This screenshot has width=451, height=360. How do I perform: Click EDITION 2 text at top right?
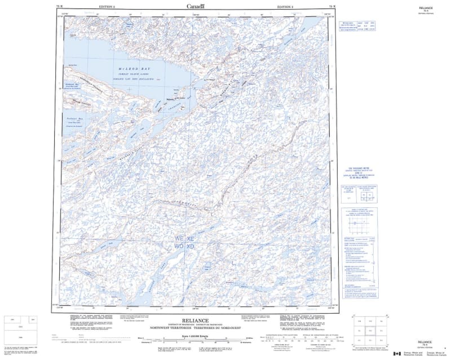[285, 6]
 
